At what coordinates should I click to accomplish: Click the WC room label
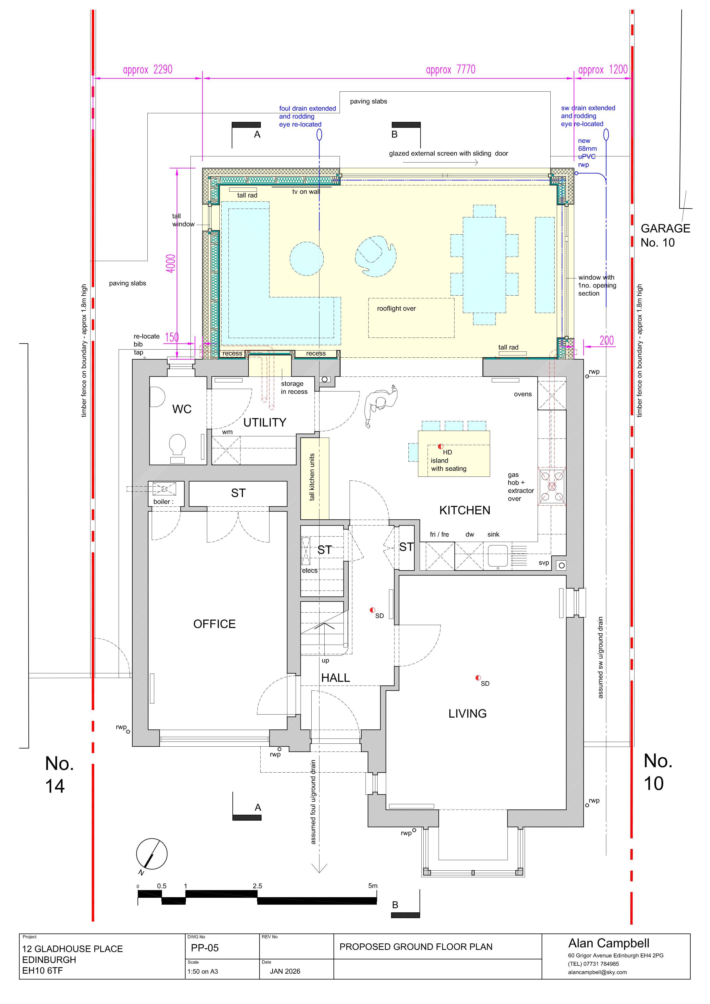click(182, 409)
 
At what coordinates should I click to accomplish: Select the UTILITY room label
click(265, 422)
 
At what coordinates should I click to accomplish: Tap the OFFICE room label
click(214, 624)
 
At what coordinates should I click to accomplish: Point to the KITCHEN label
click(465, 510)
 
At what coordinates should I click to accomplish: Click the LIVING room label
click(467, 714)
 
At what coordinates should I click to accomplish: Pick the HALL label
click(336, 678)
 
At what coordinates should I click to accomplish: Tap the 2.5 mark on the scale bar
click(257, 886)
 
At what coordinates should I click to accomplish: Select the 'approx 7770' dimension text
click(451, 70)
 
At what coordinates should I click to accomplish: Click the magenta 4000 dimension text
click(171, 263)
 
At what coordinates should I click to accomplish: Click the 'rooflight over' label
click(396, 309)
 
